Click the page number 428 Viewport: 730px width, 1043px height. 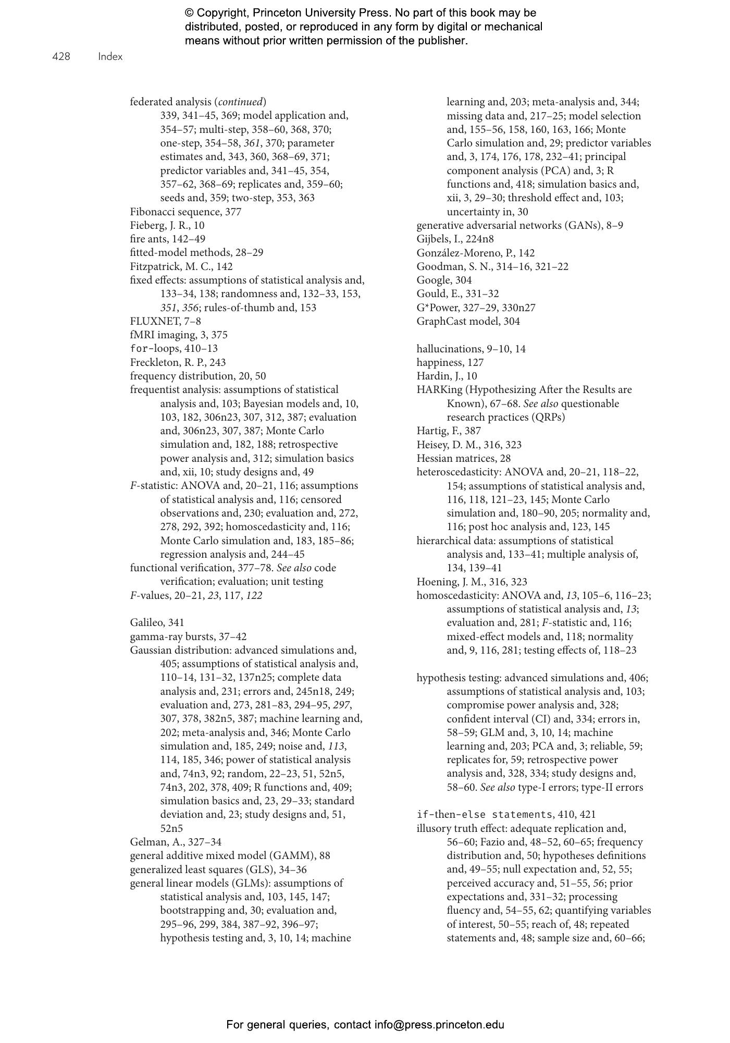(x=61, y=57)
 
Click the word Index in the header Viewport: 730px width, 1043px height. (x=110, y=57)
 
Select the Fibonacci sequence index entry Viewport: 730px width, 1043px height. (x=185, y=212)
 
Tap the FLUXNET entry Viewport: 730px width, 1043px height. (x=165, y=321)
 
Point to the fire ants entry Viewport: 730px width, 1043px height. (x=167, y=239)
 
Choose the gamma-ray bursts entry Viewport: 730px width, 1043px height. (x=188, y=636)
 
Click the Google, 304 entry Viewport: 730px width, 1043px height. (x=444, y=280)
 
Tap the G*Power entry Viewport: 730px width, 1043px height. (x=476, y=308)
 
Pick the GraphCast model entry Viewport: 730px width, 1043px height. (x=468, y=321)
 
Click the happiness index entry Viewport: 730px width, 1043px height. (x=450, y=362)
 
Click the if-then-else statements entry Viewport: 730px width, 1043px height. (x=506, y=814)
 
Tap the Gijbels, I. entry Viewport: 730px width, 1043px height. (x=455, y=239)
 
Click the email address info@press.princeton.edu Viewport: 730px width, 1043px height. (x=439, y=1025)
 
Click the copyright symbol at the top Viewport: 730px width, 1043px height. (x=189, y=13)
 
